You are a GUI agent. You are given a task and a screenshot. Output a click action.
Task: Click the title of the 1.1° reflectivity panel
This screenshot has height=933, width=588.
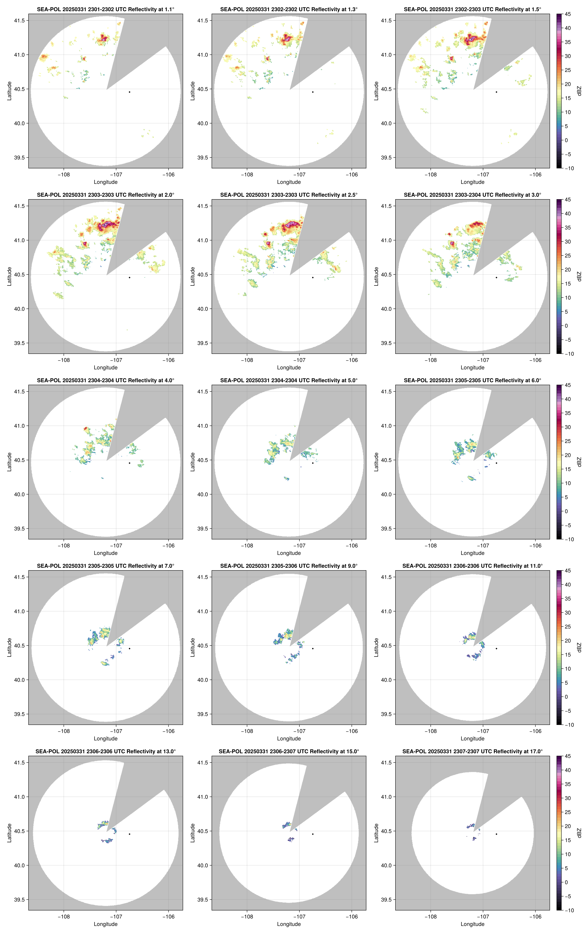pyautogui.click(x=106, y=9)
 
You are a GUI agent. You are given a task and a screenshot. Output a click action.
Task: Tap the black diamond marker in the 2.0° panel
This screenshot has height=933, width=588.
pyautogui.click(x=129, y=278)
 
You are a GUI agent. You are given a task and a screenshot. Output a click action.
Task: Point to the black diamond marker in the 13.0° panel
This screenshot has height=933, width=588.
pyautogui.click(x=129, y=834)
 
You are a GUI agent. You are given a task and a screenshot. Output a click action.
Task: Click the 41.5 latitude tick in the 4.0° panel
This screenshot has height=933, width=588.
pyautogui.click(x=19, y=392)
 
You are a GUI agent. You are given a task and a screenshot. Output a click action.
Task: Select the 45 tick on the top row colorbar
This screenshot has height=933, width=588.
pyautogui.click(x=568, y=14)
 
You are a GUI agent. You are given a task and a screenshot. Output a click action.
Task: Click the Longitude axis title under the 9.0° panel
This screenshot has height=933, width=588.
pyautogui.click(x=289, y=738)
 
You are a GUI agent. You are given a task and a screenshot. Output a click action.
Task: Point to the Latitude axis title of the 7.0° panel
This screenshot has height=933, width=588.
pyautogui.click(x=9, y=647)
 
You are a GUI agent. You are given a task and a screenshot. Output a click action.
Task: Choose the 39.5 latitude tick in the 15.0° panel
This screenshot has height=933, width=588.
pyautogui.click(x=203, y=900)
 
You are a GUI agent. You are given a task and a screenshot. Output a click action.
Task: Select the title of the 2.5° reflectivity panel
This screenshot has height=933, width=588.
pyautogui.click(x=289, y=195)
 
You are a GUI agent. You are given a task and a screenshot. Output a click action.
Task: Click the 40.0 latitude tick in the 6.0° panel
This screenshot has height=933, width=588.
pyautogui.click(x=386, y=494)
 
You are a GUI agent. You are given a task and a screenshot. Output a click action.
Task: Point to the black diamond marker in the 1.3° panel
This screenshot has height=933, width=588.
pyautogui.click(x=313, y=92)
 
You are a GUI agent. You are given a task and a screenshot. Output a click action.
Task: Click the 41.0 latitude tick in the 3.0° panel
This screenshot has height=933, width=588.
pyautogui.click(x=386, y=240)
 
